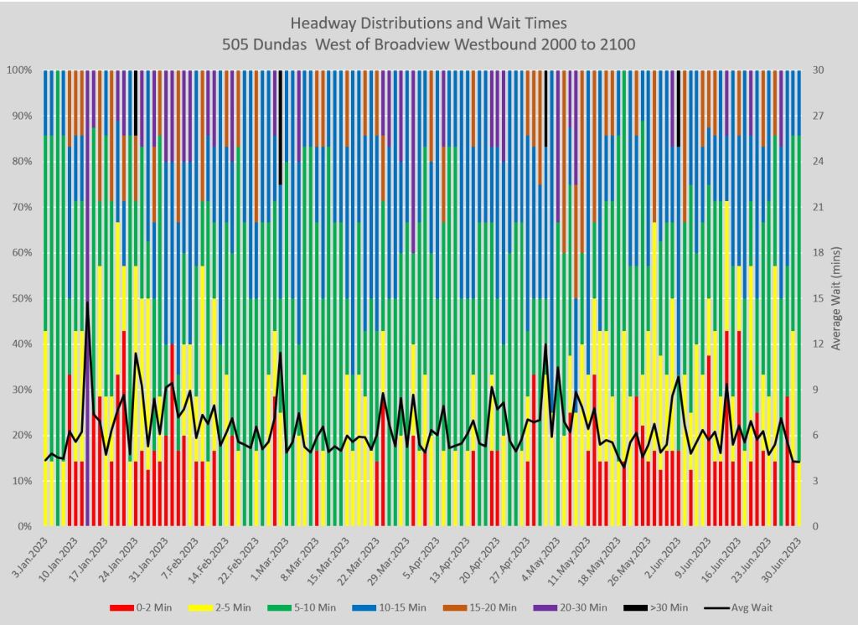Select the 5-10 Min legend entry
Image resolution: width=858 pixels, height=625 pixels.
point(323,607)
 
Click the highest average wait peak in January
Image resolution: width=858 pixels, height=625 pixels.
point(87,302)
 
